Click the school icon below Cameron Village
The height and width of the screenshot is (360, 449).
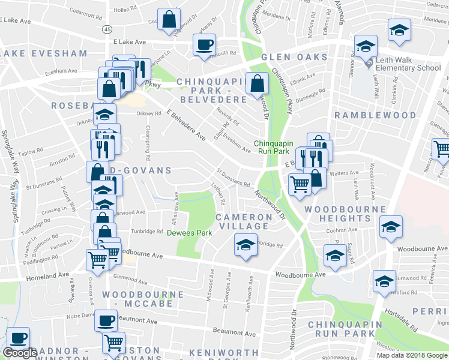click(x=244, y=245)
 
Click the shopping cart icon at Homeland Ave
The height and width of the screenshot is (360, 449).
click(x=97, y=260)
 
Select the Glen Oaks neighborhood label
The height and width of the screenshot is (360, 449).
click(x=294, y=58)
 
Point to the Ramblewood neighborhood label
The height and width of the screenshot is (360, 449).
click(x=375, y=115)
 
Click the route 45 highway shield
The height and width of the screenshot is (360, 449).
click(x=107, y=29)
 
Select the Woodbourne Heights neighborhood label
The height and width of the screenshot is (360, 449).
click(x=345, y=214)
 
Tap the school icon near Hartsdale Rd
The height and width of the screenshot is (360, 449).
click(x=384, y=281)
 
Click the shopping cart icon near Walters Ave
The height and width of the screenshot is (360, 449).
click(x=300, y=184)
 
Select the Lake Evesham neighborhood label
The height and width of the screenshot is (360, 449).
click(x=44, y=53)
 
